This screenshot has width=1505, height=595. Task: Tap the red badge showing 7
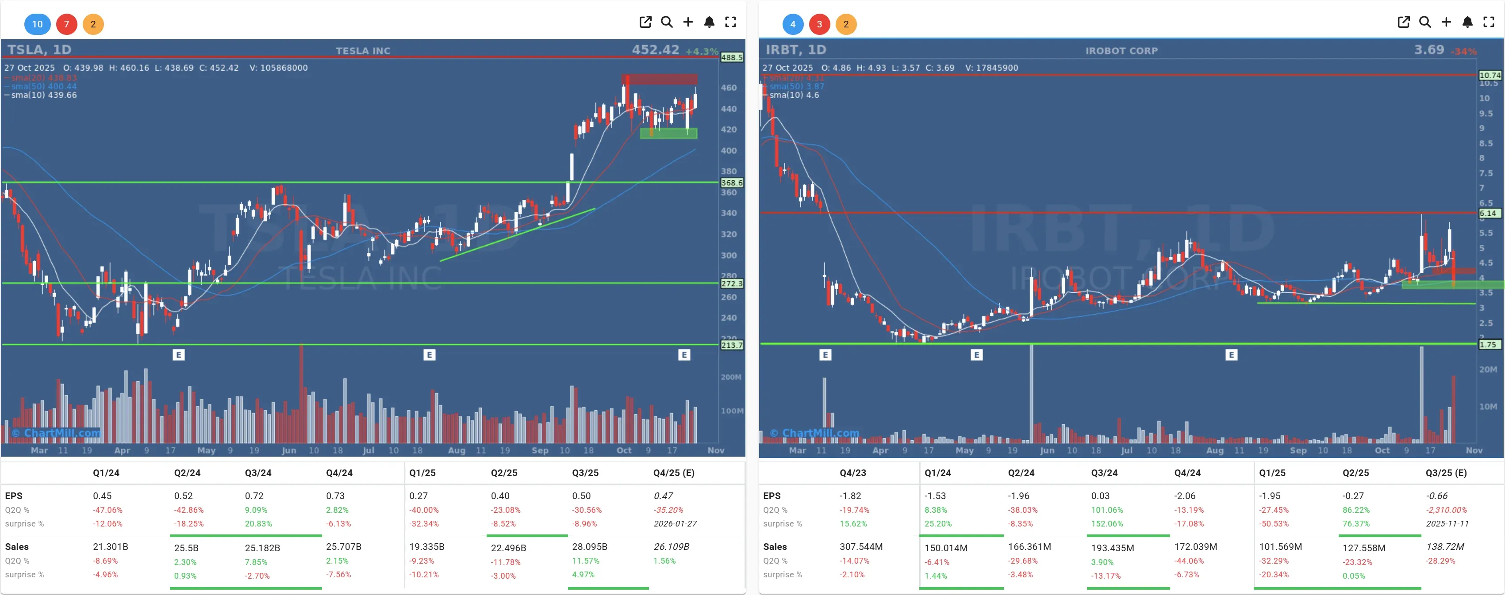(67, 24)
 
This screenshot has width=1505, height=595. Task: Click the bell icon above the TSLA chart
(709, 22)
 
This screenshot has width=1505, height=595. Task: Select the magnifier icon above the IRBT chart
(1424, 22)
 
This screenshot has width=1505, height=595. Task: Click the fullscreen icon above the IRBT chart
(1488, 22)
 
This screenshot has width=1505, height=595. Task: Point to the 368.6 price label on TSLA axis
(731, 183)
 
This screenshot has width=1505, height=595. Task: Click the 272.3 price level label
(731, 283)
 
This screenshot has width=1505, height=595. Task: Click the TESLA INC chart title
(363, 51)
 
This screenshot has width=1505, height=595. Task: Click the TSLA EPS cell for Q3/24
(254, 496)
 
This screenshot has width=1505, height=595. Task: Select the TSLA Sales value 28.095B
(590, 546)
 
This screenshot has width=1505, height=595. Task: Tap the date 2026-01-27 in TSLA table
(675, 524)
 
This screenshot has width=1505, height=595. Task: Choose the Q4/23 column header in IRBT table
(853, 473)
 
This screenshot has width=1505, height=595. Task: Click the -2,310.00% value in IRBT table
(1446, 510)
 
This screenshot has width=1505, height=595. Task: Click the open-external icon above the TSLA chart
(645, 22)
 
